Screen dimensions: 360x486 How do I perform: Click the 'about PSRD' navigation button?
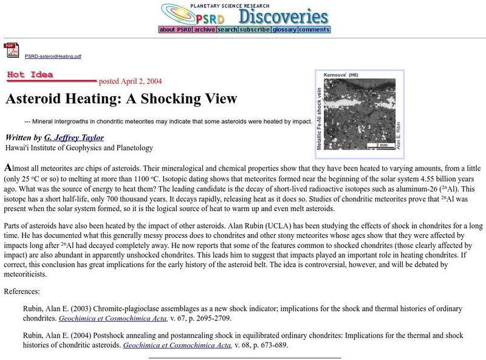coord(175,29)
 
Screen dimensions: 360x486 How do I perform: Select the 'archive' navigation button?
coord(205,29)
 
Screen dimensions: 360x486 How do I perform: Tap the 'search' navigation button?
coord(227,29)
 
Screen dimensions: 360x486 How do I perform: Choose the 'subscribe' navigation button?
coord(254,29)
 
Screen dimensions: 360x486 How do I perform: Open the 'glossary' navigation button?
coord(284,29)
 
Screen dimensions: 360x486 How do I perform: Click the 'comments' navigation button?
coord(314,29)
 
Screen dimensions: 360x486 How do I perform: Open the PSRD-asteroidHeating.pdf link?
coord(53,56)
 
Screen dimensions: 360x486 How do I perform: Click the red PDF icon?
coord(12,50)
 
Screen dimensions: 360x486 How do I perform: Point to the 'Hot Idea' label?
coord(30,75)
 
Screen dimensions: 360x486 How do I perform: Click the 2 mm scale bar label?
coord(382,145)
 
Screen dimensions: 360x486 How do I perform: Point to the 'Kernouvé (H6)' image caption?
coord(341,74)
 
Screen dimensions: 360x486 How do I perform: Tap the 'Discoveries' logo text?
coord(282,16)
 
